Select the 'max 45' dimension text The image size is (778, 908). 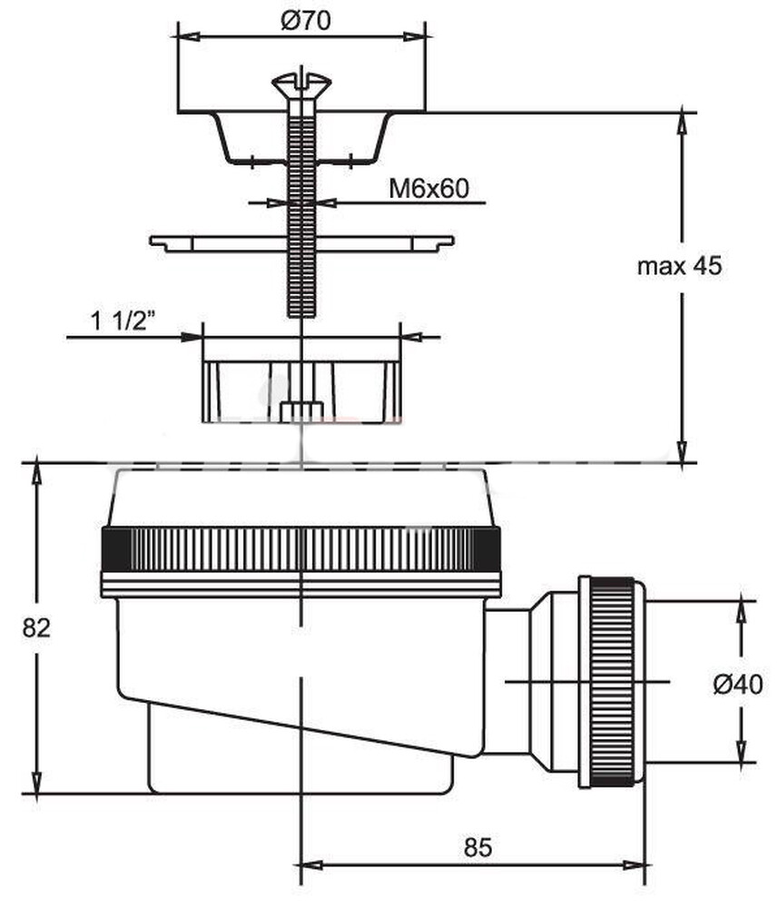tap(679, 266)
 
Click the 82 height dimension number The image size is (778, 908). tap(36, 627)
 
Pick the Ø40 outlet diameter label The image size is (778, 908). tap(738, 685)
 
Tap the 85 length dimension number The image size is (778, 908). tap(477, 847)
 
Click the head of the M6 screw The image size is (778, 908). tap(300, 85)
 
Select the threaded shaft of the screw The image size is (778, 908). tap(300, 227)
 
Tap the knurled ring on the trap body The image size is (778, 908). tap(300, 549)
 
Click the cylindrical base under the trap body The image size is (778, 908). tap(300, 763)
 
